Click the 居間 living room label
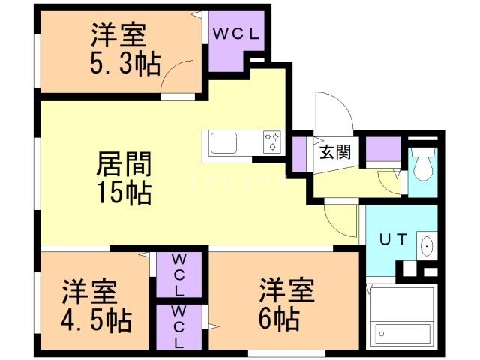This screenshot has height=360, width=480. point(124,164)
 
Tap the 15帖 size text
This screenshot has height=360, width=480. point(124,193)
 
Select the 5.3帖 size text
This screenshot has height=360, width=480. point(125,64)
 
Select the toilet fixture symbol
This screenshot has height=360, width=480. point(424,166)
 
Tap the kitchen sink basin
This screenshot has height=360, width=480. point(224,142)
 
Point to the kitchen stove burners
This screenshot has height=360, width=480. point(271,141)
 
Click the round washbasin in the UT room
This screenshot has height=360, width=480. point(427,245)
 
